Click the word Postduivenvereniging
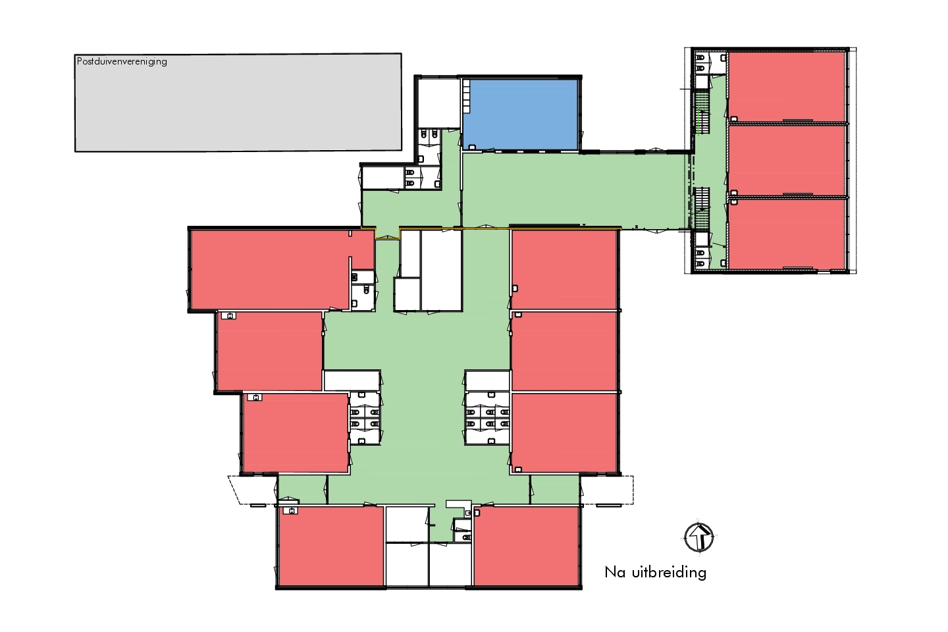tap(122, 62)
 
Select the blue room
tap(520, 115)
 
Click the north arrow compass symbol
tap(699, 537)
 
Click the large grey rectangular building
tap(238, 103)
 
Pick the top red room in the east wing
tap(786, 86)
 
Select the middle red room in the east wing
tap(786, 160)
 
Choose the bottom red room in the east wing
tap(786, 234)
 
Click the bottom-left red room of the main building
tap(331, 546)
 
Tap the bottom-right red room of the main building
tap(526, 546)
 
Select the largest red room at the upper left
tap(282, 269)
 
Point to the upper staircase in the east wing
tap(702, 113)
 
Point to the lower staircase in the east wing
tap(702, 207)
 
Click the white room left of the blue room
tap(438, 103)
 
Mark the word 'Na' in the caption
tap(615, 572)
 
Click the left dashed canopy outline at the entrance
tap(253, 490)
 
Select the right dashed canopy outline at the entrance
tap(607, 490)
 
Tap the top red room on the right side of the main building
tap(564, 270)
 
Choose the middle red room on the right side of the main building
tap(564, 352)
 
